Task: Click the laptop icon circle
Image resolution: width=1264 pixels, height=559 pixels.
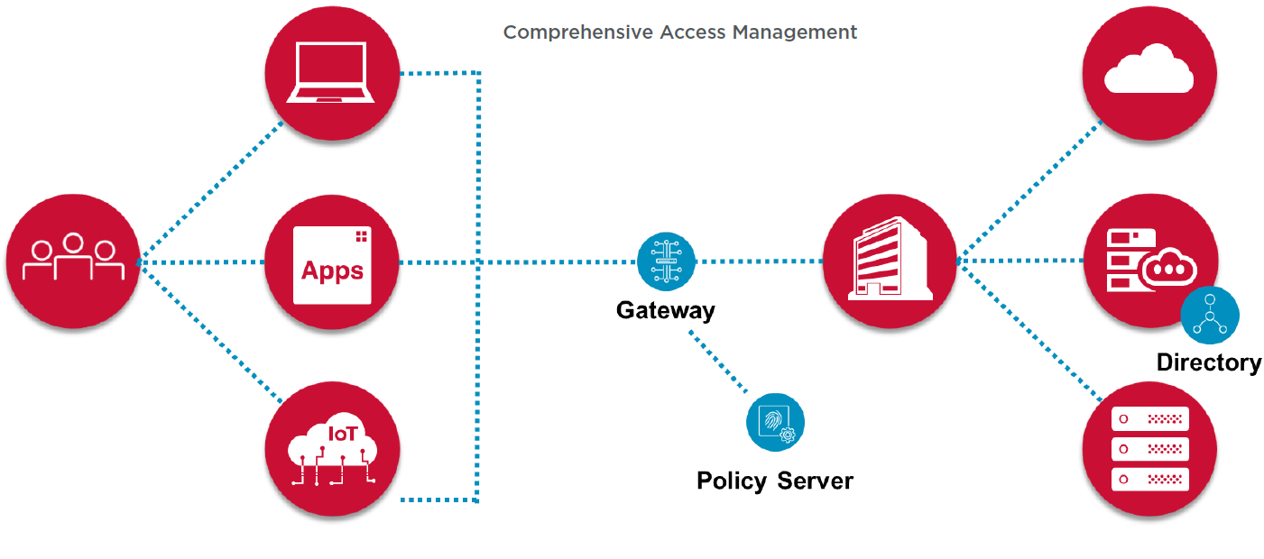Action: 332,73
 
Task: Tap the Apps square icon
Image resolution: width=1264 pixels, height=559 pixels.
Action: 332,264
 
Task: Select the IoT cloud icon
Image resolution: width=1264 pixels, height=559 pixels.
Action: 332,450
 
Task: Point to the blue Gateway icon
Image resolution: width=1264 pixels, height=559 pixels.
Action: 666,261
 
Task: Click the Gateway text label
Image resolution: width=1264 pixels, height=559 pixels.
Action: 665,311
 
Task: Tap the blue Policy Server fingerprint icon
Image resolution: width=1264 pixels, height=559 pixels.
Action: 775,422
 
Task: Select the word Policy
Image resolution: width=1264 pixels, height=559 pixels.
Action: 730,481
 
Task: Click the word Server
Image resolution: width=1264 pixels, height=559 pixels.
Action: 816,481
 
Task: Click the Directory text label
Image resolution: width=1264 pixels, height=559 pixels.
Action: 1209,362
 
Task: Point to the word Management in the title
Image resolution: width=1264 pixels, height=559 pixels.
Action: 794,32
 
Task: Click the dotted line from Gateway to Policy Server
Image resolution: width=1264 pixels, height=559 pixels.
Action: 719,363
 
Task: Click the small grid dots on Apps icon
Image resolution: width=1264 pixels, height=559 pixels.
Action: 362,236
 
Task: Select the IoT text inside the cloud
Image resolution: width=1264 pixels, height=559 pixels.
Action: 342,434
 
